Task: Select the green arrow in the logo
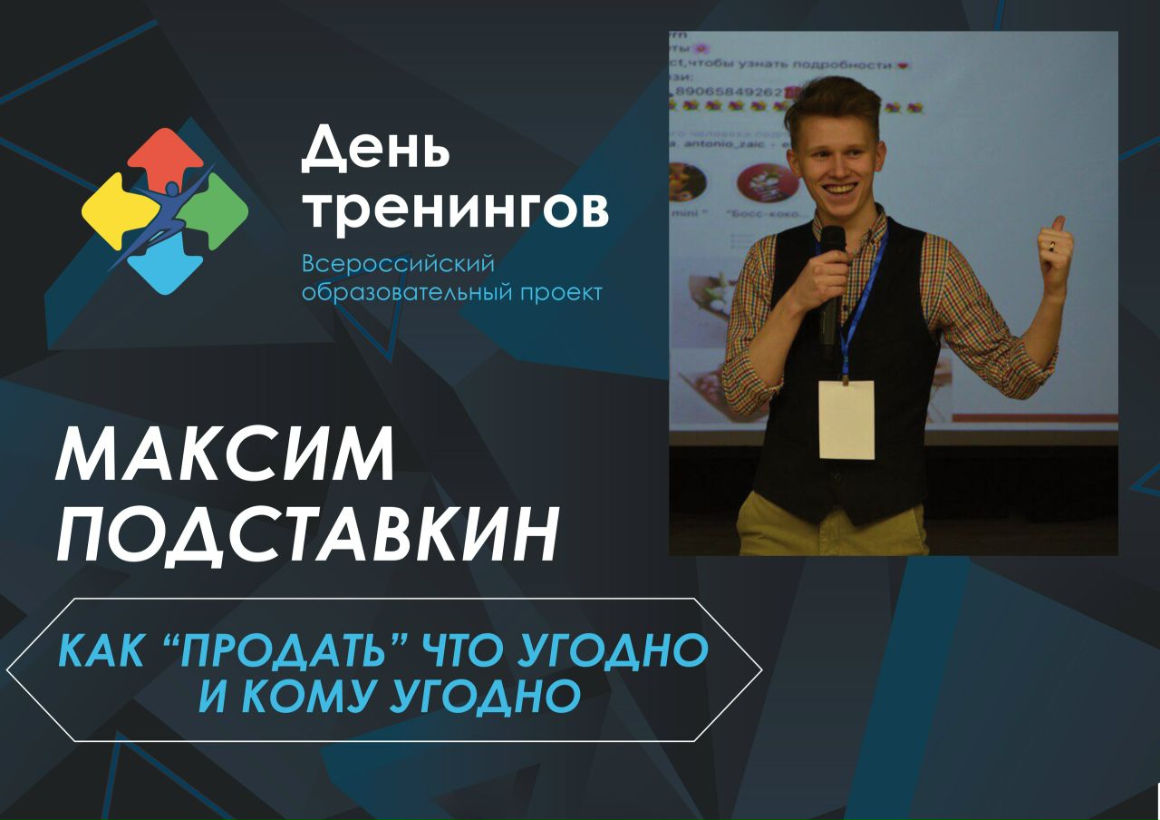[x=220, y=211]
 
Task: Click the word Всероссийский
[x=398, y=264]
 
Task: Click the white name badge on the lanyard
[x=846, y=419]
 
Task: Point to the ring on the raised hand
[x=1051, y=245]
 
